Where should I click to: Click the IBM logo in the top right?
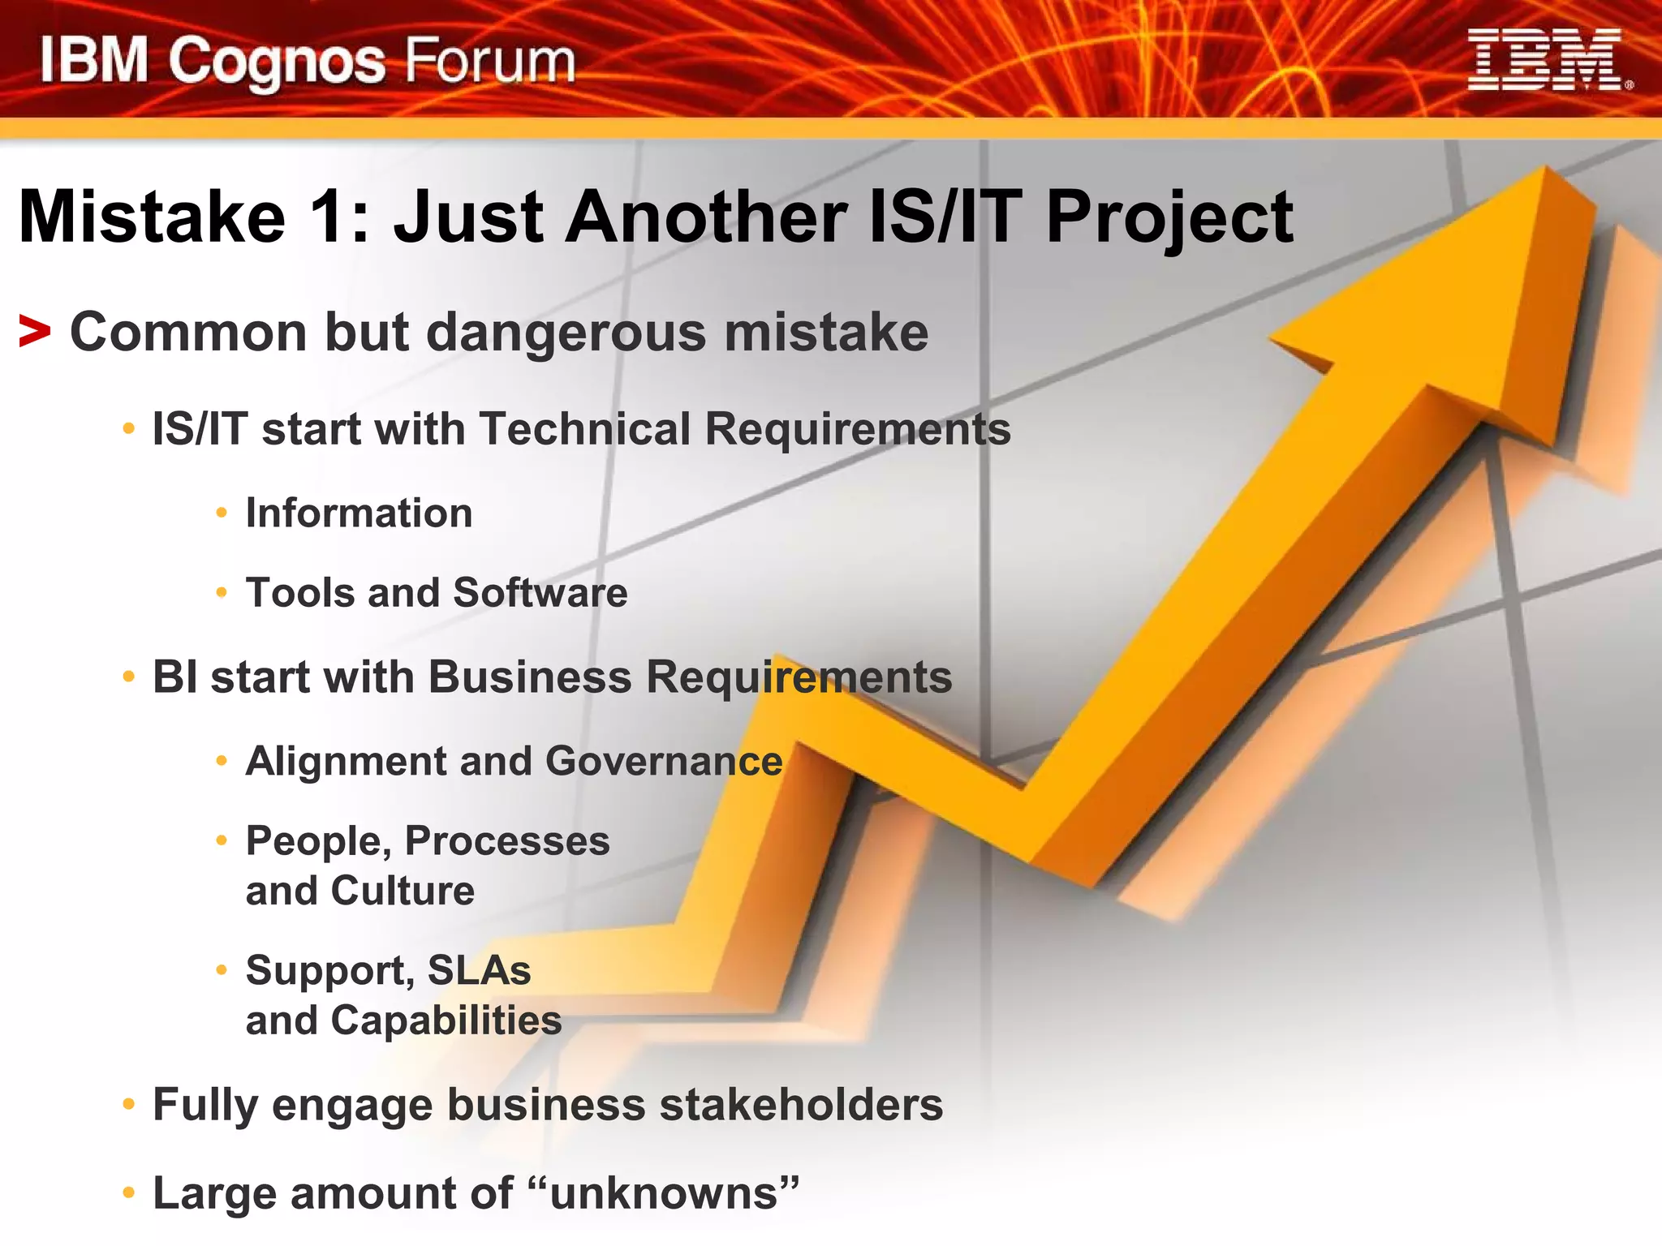(1548, 60)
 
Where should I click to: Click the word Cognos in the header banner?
(277, 63)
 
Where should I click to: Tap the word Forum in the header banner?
(489, 62)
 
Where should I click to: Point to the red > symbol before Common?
(35, 333)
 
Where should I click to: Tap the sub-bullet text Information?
(359, 513)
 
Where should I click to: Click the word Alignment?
(346, 761)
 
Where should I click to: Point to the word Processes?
(507, 840)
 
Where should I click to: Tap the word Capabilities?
(446, 1020)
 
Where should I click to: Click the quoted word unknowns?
(664, 1194)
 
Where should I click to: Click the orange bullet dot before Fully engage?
(128, 1105)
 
